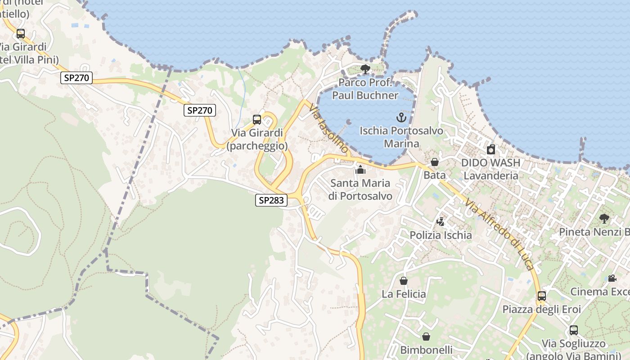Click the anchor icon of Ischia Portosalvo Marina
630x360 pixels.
pyautogui.click(x=401, y=118)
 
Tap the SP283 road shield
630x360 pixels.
pyautogui.click(x=271, y=200)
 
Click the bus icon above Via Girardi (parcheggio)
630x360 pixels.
pyautogui.click(x=257, y=120)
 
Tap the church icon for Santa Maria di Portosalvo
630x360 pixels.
pyautogui.click(x=360, y=170)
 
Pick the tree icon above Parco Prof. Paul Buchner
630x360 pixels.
pyautogui.click(x=365, y=69)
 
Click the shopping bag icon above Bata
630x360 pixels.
pyautogui.click(x=435, y=162)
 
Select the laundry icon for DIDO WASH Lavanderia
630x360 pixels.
pyautogui.click(x=491, y=149)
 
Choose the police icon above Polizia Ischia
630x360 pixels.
pyautogui.click(x=441, y=222)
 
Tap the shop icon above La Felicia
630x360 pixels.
pyautogui.click(x=404, y=281)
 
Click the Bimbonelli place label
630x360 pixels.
pyautogui.click(x=426, y=350)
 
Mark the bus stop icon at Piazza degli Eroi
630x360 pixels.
pyautogui.click(x=542, y=296)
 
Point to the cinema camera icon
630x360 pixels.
pyautogui.click(x=612, y=278)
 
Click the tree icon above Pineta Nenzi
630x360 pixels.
pyautogui.click(x=604, y=219)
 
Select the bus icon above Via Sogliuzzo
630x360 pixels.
pyautogui.click(x=574, y=330)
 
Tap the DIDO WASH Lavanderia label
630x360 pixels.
pyautogui.click(x=490, y=169)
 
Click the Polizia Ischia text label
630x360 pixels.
pyautogui.click(x=441, y=235)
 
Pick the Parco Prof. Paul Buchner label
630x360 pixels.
pyautogui.click(x=365, y=89)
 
